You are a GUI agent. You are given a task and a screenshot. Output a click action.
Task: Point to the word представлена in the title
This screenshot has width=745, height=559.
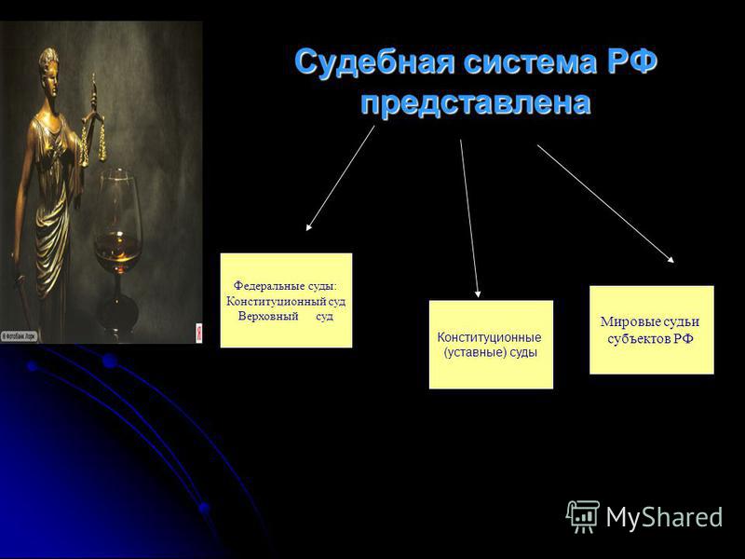[x=476, y=103]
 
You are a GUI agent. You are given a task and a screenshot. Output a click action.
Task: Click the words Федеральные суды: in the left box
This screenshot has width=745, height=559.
[x=285, y=286]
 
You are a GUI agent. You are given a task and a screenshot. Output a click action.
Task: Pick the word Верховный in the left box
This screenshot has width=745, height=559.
[x=268, y=316]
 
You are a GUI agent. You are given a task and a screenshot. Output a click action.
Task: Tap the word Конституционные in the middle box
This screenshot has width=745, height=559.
[x=489, y=337]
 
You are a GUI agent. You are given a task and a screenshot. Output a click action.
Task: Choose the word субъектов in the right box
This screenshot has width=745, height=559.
[x=638, y=338]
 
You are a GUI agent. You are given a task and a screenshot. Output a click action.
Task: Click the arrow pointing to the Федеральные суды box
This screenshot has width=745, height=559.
[x=340, y=178]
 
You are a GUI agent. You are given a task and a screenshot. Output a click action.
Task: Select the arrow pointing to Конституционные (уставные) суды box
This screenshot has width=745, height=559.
[x=469, y=218]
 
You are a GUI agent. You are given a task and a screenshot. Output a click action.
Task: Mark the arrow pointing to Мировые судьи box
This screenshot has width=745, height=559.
[x=606, y=203]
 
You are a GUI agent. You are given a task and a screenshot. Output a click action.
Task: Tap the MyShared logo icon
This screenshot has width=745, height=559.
[x=583, y=517]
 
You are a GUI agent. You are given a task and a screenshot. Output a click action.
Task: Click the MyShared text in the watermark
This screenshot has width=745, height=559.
[x=664, y=517]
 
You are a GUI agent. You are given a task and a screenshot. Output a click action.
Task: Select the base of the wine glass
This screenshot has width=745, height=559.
[x=117, y=315]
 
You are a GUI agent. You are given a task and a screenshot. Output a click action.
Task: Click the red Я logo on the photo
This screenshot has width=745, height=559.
[x=198, y=333]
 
